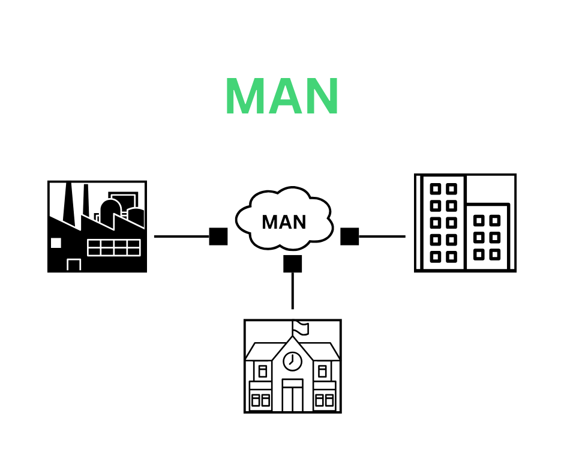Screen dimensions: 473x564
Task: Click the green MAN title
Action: [x=282, y=97]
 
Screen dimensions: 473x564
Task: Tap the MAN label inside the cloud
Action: [x=284, y=223]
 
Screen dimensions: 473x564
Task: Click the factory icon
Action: [x=97, y=226]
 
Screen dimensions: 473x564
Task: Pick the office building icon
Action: [x=465, y=223]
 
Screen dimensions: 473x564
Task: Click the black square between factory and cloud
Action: [x=218, y=237]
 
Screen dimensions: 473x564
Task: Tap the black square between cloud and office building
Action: [x=350, y=237]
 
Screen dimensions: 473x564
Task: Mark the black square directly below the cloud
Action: [x=293, y=264]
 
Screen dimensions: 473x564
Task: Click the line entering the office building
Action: [x=382, y=237]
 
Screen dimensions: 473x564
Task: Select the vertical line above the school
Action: [x=293, y=291]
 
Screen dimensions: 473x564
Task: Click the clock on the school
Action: [x=292, y=361]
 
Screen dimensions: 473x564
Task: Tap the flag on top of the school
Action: [x=301, y=328]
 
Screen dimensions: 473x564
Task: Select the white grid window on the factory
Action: [x=114, y=247]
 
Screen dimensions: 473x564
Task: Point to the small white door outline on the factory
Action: [x=74, y=265]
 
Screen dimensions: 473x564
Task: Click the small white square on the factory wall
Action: [x=56, y=243]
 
